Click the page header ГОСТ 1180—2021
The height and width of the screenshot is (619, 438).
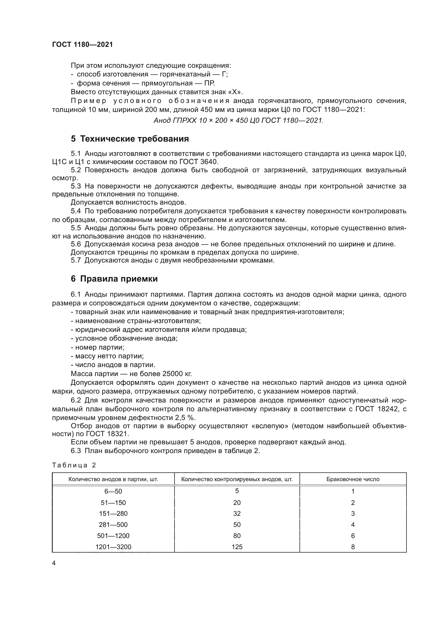pos(82,44)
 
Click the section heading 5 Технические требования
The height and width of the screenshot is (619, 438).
pos(130,139)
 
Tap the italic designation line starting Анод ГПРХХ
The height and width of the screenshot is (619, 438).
pos(238,120)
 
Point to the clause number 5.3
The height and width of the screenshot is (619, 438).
pos(76,186)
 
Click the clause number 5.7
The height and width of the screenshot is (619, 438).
pos(76,260)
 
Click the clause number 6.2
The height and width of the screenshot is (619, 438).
pos(76,400)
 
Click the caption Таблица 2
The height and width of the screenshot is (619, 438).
pos(74,465)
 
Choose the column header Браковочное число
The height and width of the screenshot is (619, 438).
pos(353,479)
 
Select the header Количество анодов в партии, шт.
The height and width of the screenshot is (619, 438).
pos(113,479)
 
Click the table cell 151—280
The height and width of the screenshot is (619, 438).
pos(113,514)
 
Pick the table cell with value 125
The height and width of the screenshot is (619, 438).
pos(237,547)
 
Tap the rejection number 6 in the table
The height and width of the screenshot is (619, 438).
pos(353,536)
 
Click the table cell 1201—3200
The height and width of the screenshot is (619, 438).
pos(113,547)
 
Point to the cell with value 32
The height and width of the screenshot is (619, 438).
pos(237,514)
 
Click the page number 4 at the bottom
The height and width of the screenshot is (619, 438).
pos(54,563)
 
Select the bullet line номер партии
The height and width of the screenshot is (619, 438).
pos(99,347)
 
